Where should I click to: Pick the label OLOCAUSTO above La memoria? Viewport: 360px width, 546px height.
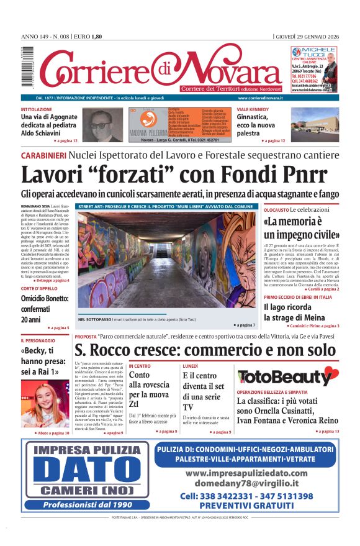coord(276,211)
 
